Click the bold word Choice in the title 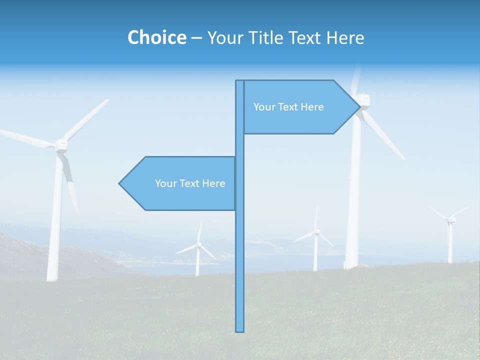coord(156,37)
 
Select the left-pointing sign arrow coord(180,183)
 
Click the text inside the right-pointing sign coord(288,107)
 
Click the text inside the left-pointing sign coord(190,183)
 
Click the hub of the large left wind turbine coord(61,145)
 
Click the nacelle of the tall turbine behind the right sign coord(363,101)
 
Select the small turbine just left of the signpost coord(198,250)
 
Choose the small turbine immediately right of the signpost coord(315,240)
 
